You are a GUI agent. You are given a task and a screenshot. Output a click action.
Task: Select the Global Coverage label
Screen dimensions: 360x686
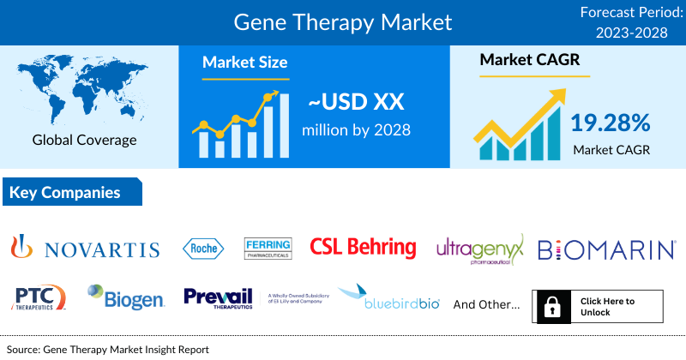[x=85, y=140]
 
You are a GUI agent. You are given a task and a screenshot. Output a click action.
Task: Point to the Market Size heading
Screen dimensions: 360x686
[x=244, y=63]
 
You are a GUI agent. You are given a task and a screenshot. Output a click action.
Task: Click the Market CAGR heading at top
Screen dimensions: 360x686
[x=529, y=61]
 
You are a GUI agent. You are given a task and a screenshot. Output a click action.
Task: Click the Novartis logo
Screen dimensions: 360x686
[x=85, y=249]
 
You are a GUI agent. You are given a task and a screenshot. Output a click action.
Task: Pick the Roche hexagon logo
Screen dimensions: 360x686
[x=204, y=249]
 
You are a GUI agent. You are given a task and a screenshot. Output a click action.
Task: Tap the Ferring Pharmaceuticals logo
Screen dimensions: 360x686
[x=268, y=248]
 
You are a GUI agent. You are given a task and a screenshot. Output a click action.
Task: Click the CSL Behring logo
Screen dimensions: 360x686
[x=363, y=249]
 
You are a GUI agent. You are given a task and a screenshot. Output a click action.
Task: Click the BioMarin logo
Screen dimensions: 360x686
[x=605, y=249]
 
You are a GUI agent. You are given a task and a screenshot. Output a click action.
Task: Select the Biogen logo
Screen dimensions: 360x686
[x=125, y=297]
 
